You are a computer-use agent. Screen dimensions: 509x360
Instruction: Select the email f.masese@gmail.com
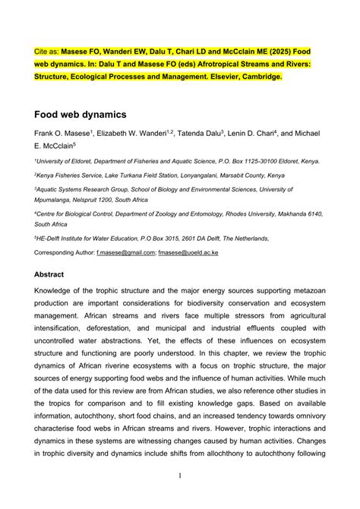tap(125, 251)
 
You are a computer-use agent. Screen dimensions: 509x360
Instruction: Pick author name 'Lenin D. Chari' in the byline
tap(255, 133)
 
